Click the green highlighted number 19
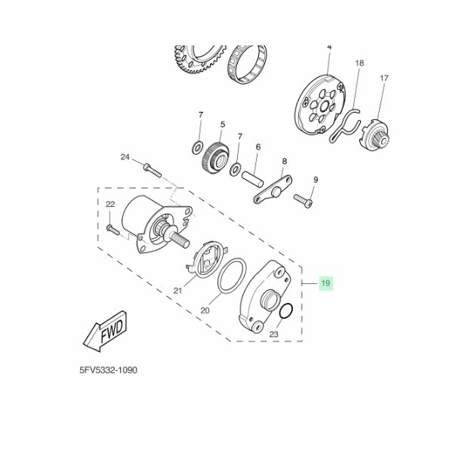pos(325,283)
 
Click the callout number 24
pos(125,157)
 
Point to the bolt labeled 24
pos(152,171)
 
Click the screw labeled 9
pos(304,200)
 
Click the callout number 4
pos(329,47)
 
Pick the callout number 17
pos(384,78)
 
